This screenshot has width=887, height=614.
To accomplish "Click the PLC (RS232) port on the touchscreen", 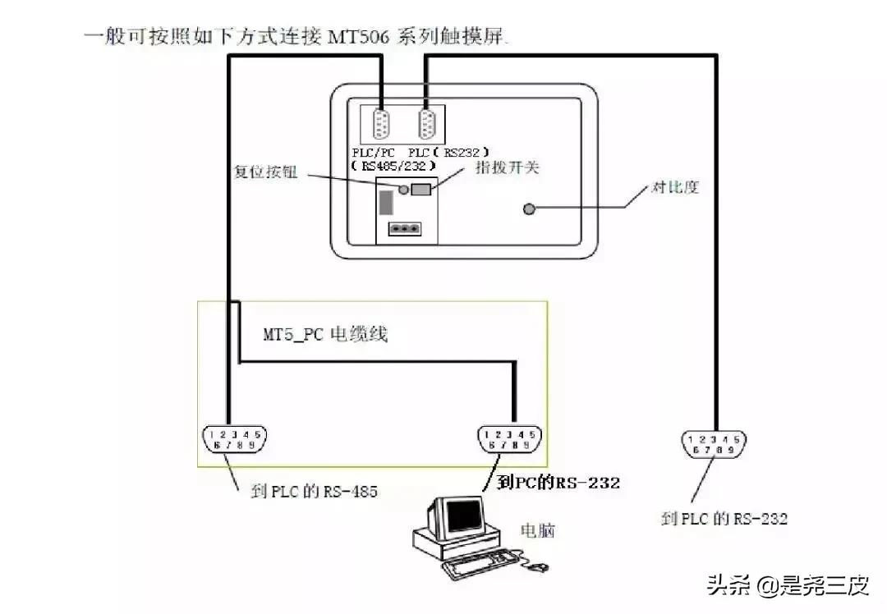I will (x=427, y=127).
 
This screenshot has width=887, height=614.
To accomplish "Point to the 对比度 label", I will (x=674, y=187).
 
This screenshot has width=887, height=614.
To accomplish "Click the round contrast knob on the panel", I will (x=530, y=209).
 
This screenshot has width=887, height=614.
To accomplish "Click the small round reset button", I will (x=403, y=190).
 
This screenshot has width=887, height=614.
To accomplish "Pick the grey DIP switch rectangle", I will (x=421, y=190).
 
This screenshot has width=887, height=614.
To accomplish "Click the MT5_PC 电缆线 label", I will (x=324, y=334).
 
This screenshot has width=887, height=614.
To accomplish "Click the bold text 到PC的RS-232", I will (x=558, y=483).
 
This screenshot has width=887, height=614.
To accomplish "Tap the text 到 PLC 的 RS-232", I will (x=724, y=519).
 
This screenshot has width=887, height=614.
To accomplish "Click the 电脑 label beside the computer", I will (x=537, y=530).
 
